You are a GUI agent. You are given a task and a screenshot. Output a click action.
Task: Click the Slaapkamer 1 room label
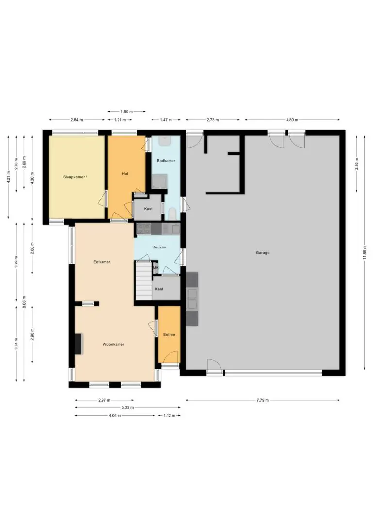coord(75,177)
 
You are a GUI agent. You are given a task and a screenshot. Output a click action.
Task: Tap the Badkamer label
coord(166,160)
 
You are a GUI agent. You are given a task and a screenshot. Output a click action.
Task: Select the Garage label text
coord(262,253)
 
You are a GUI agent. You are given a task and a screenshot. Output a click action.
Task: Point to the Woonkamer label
coord(113,344)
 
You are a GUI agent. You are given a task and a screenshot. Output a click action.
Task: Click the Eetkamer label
coord(102,262)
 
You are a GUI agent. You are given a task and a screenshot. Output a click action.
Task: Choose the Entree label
coord(169,334)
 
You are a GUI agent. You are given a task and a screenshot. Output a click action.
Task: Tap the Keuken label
coord(159,247)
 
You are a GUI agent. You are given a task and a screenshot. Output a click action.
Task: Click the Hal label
coord(125,173)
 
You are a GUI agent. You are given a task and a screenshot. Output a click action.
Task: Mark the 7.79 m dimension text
coord(262,400)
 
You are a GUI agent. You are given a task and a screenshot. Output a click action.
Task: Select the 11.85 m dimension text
coord(365,252)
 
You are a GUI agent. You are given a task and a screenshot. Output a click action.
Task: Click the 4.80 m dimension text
coord(292,120)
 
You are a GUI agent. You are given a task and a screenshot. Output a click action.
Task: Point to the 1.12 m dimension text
coord(169,416)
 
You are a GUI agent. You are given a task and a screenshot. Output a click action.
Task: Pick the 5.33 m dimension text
coord(127,407)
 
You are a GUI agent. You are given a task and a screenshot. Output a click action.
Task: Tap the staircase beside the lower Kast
coord(144,280)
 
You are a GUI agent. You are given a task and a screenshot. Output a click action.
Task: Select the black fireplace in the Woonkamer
coord(78,344)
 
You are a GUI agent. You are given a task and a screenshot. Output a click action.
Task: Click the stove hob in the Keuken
coord(144,229)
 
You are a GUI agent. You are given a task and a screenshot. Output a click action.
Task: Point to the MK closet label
coord(156,268)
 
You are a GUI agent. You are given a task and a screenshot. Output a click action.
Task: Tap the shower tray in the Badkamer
coord(159,181)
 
